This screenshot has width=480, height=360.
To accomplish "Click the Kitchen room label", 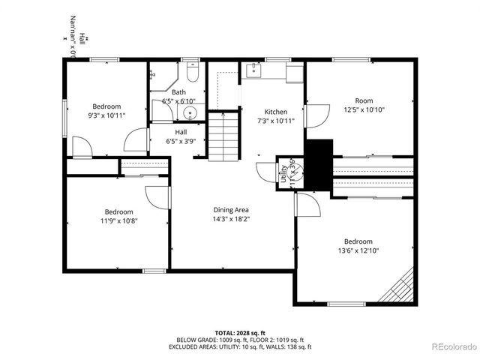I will tap(275, 112).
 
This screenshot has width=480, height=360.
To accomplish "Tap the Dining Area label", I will tap(231, 210).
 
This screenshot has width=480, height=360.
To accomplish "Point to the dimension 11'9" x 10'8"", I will tap(118, 220).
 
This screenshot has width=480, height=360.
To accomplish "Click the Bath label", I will tap(178, 92).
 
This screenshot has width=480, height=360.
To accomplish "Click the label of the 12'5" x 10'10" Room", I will tap(364, 100).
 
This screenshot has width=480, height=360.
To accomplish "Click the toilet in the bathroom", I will tap(192, 73).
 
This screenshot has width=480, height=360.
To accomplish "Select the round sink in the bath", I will tap(190, 115).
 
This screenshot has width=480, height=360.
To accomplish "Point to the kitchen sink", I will tap(256, 70).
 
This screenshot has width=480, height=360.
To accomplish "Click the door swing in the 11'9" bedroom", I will tap(155, 196).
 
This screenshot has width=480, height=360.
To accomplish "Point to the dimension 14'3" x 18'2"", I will tap(231, 220).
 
